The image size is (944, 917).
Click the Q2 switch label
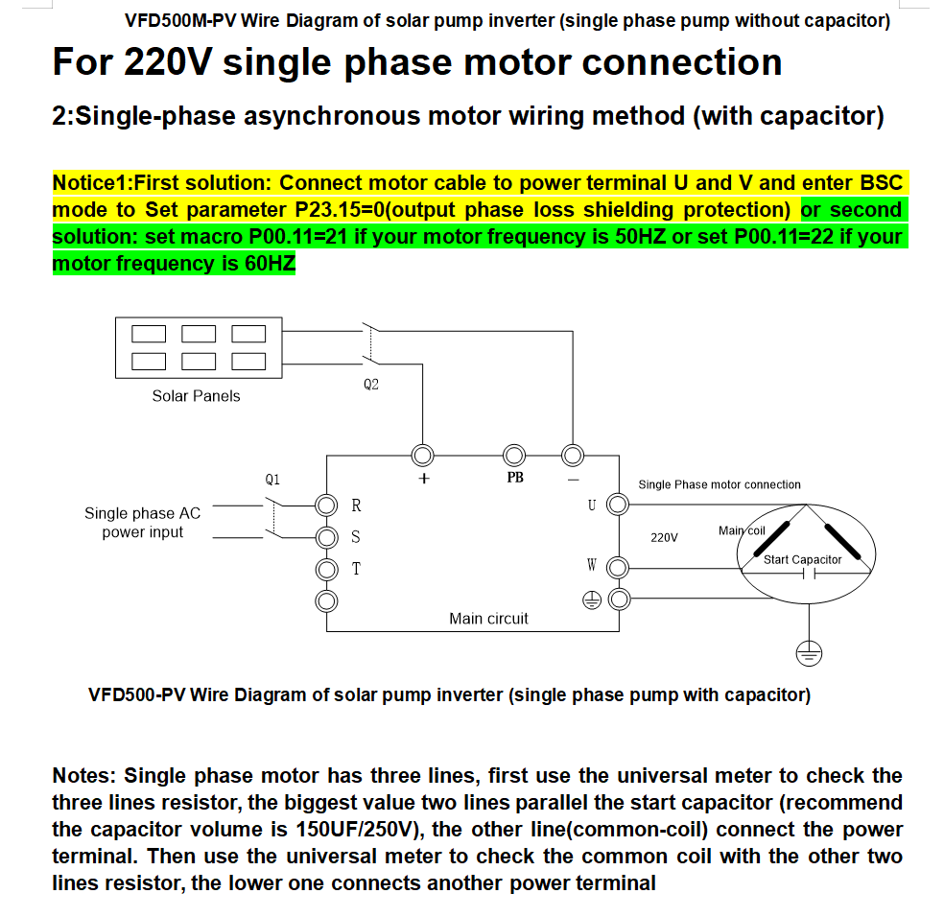(371, 385)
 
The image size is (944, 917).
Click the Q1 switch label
(272, 478)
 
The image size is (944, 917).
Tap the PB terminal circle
(514, 454)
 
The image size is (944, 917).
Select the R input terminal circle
(327, 505)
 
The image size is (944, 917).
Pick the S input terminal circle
(327, 536)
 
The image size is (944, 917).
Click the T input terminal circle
(327, 569)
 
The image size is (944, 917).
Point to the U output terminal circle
(619, 505)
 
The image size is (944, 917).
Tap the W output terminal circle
(619, 569)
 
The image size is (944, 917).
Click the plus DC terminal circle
(422, 454)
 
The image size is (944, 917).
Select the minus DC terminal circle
(573, 454)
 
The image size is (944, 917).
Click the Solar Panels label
(196, 396)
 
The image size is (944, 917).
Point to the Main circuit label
(488, 619)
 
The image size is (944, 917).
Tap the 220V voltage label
(664, 538)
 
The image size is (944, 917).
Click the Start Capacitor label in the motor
(802, 559)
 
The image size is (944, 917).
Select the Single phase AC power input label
(142, 523)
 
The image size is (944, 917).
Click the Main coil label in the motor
(742, 530)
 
